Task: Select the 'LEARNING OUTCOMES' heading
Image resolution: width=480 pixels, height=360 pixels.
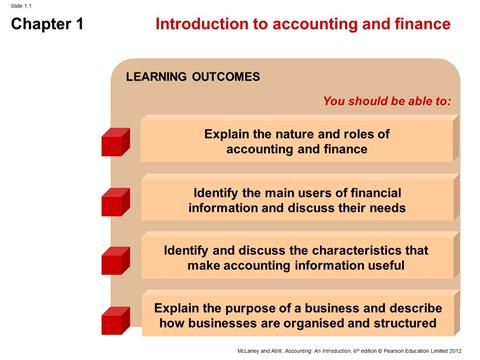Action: pyautogui.click(x=192, y=77)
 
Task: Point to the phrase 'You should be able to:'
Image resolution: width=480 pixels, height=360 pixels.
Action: pyautogui.click(x=387, y=101)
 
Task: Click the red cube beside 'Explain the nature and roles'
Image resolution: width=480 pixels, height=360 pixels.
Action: pyautogui.click(x=115, y=141)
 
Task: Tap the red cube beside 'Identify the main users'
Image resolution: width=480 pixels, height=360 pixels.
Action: pyautogui.click(x=115, y=200)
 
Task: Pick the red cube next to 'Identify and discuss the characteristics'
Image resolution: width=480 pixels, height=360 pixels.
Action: pyautogui.click(x=115, y=258)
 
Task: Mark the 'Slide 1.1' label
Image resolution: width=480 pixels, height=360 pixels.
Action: pyautogui.click(x=22, y=6)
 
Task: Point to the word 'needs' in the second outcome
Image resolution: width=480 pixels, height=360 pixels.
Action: pyautogui.click(x=386, y=208)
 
